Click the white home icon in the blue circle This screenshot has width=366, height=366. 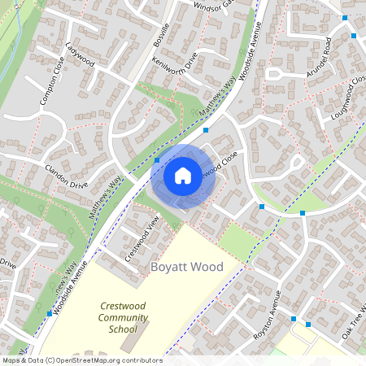point(183,175)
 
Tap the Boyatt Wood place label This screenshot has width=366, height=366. point(186,267)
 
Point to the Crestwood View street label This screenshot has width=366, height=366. point(141,239)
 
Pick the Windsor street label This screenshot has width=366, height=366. point(213,6)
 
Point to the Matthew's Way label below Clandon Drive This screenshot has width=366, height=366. point(105,198)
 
